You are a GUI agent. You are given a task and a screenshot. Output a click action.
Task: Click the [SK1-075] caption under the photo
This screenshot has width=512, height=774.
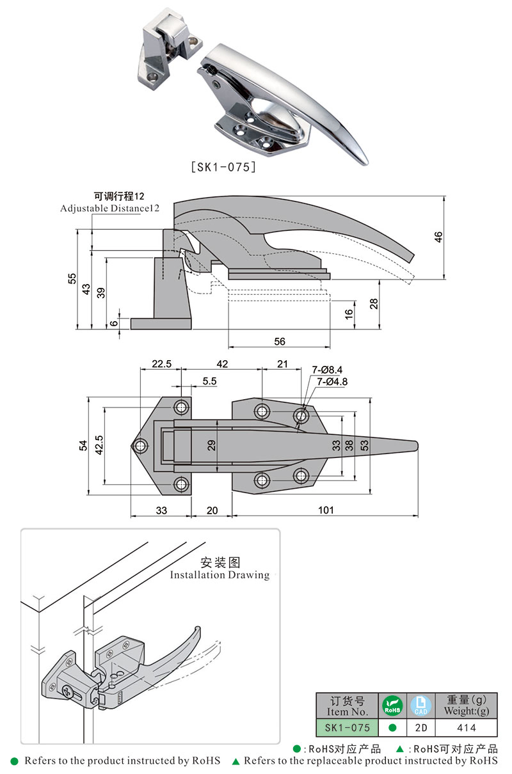tap(224, 168)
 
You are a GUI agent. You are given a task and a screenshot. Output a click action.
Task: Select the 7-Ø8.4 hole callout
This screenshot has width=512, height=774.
tap(328, 370)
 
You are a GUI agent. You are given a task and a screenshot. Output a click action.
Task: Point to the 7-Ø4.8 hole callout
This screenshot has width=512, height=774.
tap(332, 382)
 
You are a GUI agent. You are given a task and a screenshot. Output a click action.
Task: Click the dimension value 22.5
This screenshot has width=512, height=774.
tap(161, 364)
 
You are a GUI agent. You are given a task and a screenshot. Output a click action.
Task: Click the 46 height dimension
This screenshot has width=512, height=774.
tap(438, 237)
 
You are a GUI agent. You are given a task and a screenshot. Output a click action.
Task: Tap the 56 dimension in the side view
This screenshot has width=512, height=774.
tap(280, 342)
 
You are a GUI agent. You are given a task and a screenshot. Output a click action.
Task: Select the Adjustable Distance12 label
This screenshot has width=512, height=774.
tap(109, 209)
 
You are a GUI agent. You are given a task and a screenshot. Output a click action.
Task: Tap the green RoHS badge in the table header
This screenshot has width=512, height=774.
tap(392, 706)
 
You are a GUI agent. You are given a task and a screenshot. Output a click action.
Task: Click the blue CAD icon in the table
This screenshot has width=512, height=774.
tap(420, 706)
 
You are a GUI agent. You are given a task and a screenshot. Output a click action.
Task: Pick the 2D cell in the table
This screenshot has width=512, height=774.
tap(420, 727)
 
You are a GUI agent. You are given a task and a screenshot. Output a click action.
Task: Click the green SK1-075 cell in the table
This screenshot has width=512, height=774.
tap(348, 727)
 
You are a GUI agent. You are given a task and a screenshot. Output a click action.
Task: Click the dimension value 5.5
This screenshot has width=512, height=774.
tap(191, 381)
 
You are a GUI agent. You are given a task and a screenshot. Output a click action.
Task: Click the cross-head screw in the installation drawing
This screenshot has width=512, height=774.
tap(67, 690)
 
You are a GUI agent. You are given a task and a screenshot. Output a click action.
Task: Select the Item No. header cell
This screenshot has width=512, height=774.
tap(348, 706)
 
